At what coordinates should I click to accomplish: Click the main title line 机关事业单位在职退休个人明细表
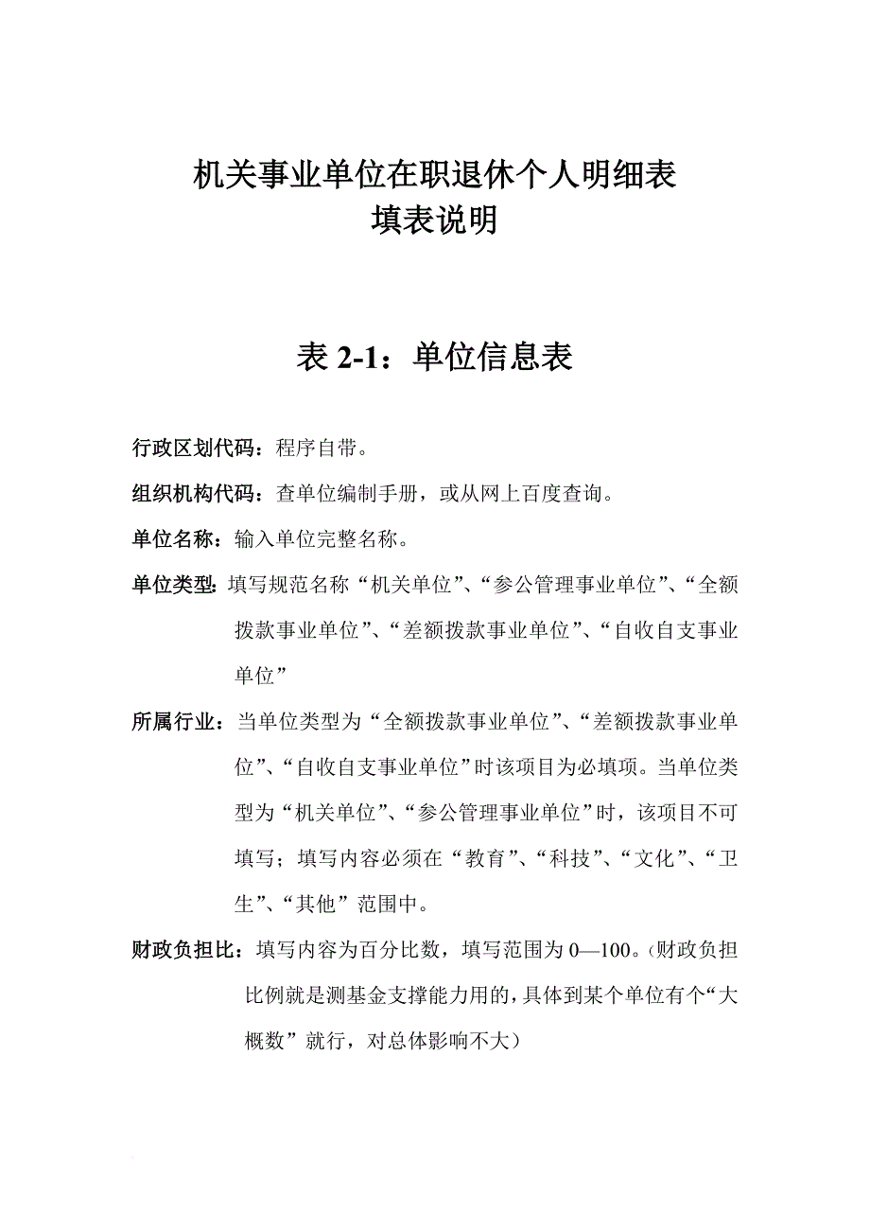click(434, 175)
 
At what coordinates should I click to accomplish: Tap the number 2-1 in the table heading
click(356, 357)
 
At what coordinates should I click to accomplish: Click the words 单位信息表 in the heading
click(493, 357)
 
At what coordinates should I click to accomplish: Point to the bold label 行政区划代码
click(193, 449)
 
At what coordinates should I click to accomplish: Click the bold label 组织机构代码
click(193, 494)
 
